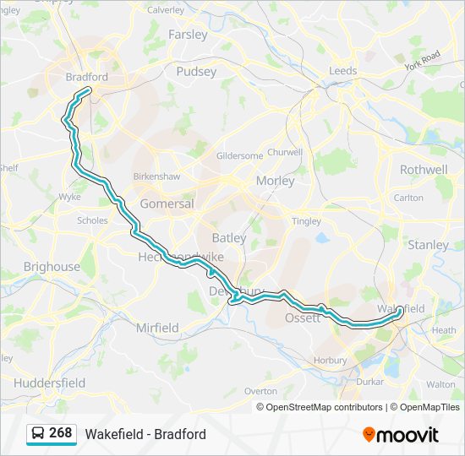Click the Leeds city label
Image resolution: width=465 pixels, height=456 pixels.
pyautogui.click(x=343, y=71)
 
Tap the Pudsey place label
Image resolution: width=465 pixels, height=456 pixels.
pyautogui.click(x=196, y=72)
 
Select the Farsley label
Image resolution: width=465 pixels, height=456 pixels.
pyautogui.click(x=188, y=35)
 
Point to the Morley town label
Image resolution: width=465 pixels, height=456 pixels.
pyautogui.click(x=275, y=181)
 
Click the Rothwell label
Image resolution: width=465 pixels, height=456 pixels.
pyautogui.click(x=424, y=169)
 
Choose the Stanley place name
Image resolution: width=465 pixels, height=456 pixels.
pyautogui.click(x=429, y=245)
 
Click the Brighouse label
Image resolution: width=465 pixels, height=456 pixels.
pyautogui.click(x=52, y=266)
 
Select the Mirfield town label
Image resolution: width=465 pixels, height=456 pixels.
pyautogui.click(x=157, y=327)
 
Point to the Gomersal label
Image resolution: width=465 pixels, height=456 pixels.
pyautogui.click(x=167, y=204)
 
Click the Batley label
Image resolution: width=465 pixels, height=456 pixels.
pyautogui.click(x=228, y=238)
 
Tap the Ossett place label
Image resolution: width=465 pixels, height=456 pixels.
pyautogui.click(x=302, y=318)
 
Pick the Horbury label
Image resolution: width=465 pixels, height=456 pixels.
pyautogui.click(x=330, y=361)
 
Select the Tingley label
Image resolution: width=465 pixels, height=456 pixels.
pyautogui.click(x=306, y=221)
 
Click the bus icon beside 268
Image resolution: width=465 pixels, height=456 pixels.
pyautogui.click(x=38, y=433)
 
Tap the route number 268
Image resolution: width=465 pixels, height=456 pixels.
pyautogui.click(x=61, y=433)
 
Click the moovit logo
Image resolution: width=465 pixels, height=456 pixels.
pyautogui.click(x=401, y=435)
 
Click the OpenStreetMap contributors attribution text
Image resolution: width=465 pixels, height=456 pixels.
pyautogui.click(x=324, y=407)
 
